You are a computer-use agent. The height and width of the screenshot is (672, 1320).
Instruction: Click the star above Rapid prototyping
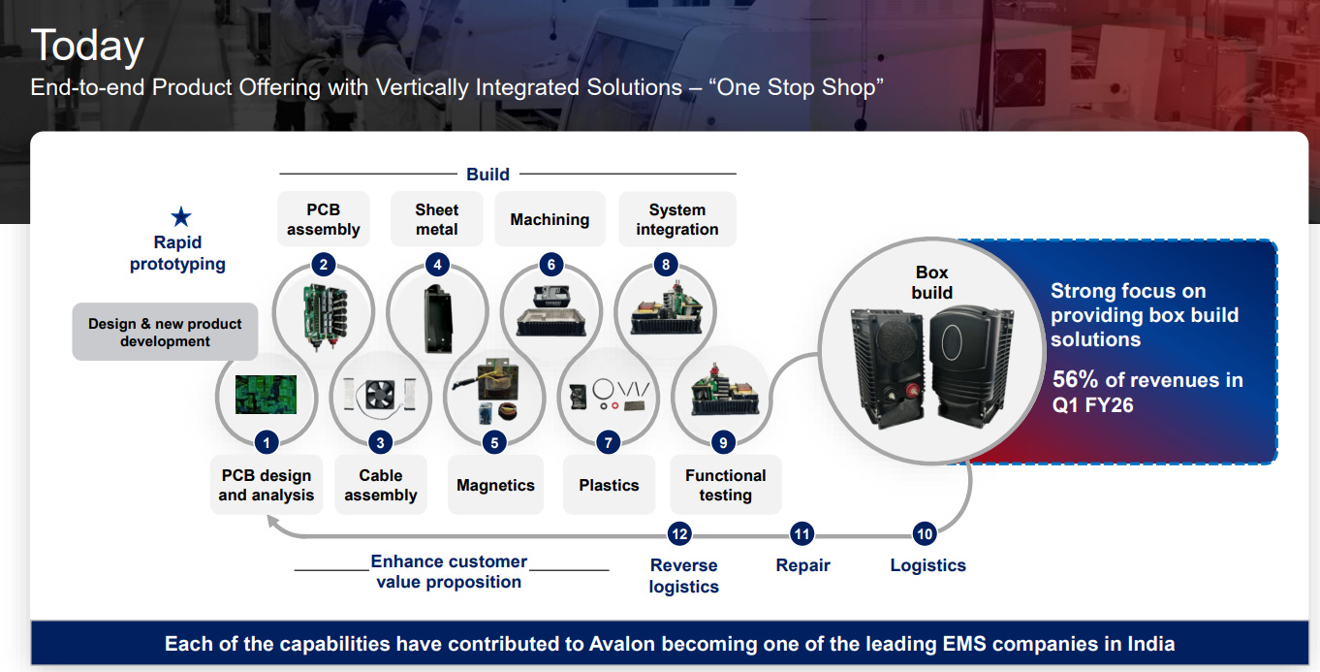[181, 217]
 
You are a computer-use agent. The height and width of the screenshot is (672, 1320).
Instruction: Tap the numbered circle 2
[324, 264]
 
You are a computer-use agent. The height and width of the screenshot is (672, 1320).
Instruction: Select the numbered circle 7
[609, 443]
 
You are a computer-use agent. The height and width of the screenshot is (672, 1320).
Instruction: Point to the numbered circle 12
[679, 533]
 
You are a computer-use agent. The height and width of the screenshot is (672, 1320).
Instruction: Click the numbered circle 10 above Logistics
[925, 533]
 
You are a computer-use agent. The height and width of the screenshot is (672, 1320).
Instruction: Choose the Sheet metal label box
[437, 219]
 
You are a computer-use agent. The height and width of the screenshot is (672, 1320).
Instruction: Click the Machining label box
[550, 219]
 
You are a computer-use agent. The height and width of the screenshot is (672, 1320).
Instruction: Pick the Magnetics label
[495, 485]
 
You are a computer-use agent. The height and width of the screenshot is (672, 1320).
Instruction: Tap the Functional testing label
[725, 485]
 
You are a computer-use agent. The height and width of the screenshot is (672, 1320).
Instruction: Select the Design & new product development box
[165, 333]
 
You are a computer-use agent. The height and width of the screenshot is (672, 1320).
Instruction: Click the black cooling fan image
[380, 393]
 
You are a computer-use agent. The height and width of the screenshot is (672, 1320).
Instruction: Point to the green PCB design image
[266, 394]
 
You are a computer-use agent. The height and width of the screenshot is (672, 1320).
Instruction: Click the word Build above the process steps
[487, 175]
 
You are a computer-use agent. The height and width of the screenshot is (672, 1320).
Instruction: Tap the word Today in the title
[87, 46]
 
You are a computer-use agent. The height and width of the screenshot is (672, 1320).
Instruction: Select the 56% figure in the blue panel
[1075, 380]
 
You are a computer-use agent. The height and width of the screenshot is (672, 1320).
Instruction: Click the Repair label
[802, 565]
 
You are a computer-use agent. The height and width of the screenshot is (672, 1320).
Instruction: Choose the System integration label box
[676, 219]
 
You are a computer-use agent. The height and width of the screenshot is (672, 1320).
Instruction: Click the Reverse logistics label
[683, 576]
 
